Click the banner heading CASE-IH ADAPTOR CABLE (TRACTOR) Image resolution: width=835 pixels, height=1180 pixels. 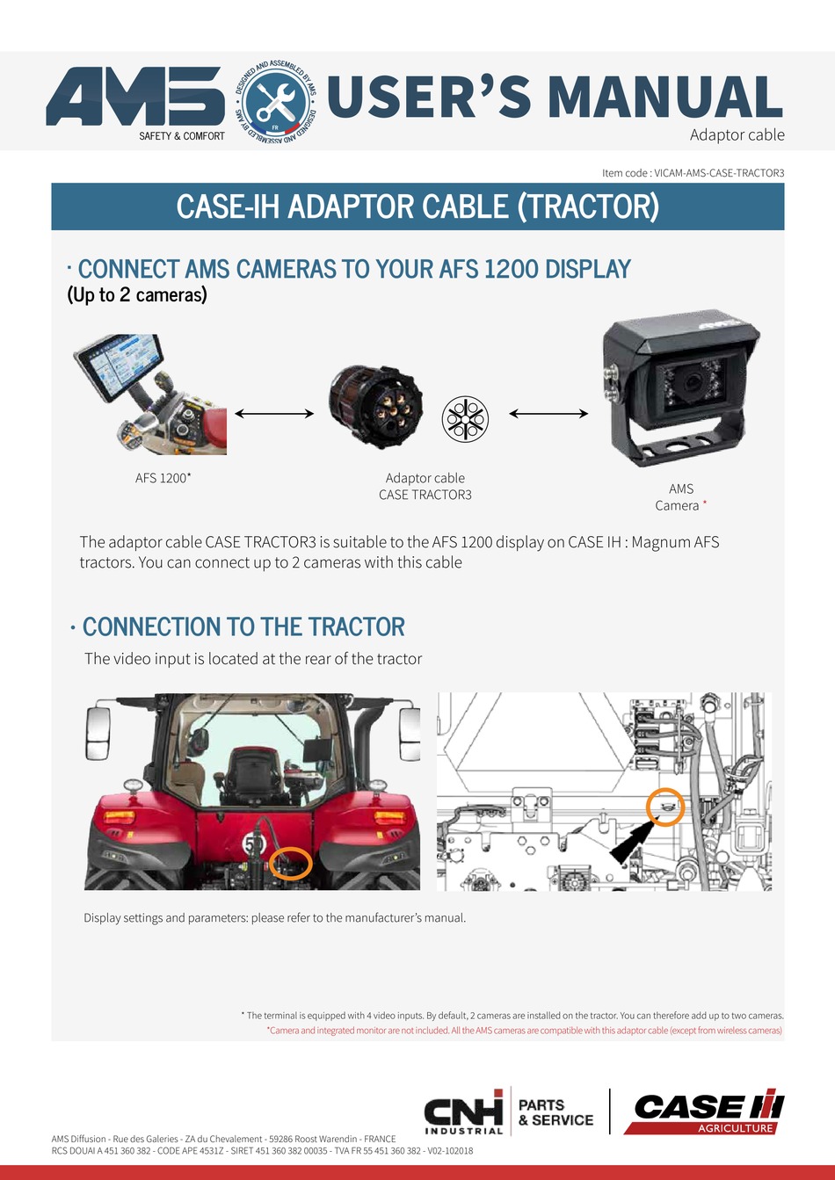pos(417,207)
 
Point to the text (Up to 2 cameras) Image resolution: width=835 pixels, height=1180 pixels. pos(137,295)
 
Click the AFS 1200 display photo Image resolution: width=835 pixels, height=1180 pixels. pos(149,395)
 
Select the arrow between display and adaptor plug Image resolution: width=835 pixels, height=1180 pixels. pos(274,414)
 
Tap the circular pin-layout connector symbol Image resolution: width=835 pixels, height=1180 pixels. pos(464,418)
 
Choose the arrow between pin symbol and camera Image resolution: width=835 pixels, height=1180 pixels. pos(548,414)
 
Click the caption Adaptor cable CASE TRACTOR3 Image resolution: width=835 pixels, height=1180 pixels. pos(425,487)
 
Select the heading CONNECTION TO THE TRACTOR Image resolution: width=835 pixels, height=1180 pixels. pos(243,627)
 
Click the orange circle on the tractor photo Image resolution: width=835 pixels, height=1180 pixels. pos(290,863)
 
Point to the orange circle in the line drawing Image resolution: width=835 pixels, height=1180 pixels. pos(665,807)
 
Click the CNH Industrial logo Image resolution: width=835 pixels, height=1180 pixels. pos(463,1112)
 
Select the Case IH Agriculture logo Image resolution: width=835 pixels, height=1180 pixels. pos(706,1113)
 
